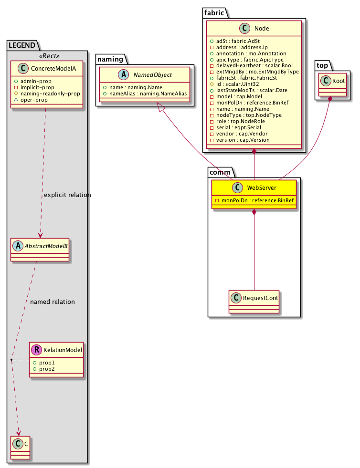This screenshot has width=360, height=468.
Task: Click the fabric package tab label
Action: coord(213,13)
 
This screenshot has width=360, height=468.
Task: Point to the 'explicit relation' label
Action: coord(67,195)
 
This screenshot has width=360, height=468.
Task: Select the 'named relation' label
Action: coord(52,302)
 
